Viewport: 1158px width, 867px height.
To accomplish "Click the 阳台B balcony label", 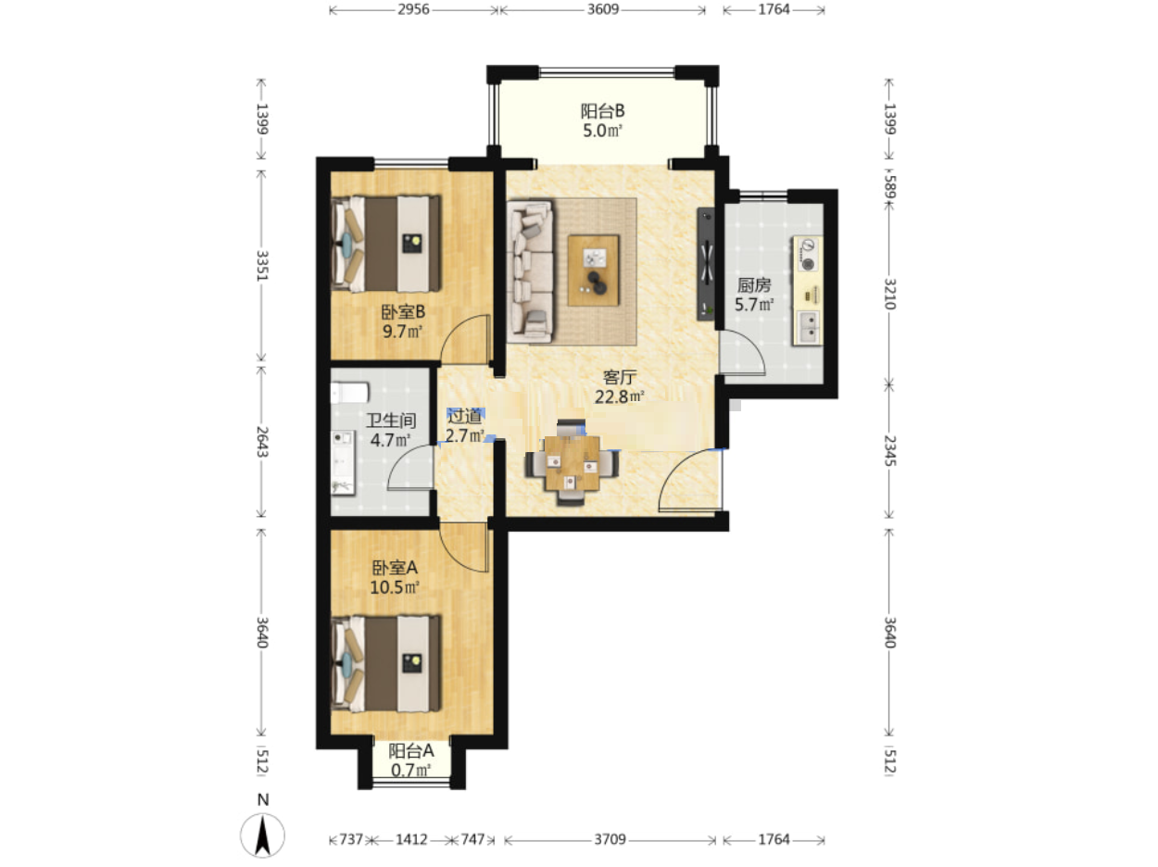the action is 602,111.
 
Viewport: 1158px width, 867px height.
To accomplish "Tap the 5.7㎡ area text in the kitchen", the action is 754,305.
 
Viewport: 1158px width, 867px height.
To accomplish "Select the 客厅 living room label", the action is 620,377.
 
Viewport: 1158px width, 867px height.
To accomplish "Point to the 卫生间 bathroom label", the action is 391,421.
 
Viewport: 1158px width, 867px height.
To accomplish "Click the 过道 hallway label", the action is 464,416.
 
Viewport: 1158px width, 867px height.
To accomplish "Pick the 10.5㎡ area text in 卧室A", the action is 394,587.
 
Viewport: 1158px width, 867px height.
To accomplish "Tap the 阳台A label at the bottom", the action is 411,750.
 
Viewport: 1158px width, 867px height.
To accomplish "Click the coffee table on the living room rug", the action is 593,270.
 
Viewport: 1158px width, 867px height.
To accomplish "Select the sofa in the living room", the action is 530,271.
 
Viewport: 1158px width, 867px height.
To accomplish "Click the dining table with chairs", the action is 572,462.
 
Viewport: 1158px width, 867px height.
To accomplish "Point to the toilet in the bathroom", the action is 349,393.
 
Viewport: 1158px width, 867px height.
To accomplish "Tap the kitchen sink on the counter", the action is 807,328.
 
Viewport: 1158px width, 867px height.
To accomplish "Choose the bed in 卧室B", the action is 385,245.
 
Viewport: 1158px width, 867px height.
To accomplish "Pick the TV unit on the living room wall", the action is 707,264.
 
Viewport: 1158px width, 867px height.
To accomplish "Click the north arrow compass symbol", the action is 262,835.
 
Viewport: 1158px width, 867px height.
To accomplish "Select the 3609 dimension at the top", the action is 602,9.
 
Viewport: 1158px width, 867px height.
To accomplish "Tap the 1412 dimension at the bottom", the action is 411,839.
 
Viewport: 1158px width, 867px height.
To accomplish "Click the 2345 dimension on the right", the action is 889,450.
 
